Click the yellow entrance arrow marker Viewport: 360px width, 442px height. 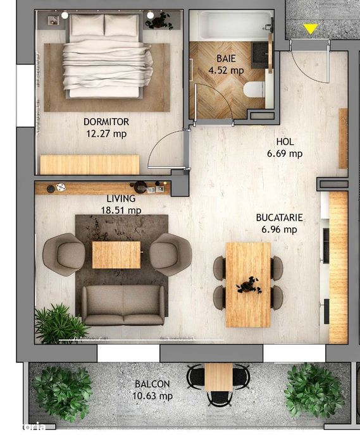(x=310, y=28)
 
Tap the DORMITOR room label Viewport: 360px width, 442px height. (x=106, y=122)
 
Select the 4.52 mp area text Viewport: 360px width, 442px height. (x=227, y=71)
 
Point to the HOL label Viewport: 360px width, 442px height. (x=285, y=142)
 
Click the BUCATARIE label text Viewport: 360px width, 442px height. (x=279, y=218)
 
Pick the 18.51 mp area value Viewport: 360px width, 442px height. (x=124, y=210)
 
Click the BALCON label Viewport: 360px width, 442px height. (x=152, y=384)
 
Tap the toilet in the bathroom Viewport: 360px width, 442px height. (x=255, y=89)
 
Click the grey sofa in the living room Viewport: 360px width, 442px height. (x=123, y=305)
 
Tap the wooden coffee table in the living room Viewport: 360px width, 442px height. (x=116, y=254)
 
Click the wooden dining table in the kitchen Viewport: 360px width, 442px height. (x=248, y=284)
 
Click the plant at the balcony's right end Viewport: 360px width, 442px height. (x=314, y=389)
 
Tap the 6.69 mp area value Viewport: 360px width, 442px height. (x=285, y=154)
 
